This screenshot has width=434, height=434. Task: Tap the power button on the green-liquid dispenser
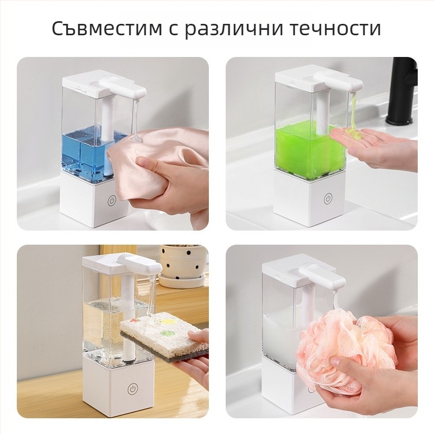pyautogui.click(x=328, y=199)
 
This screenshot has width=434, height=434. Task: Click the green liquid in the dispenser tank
pyautogui.click(x=304, y=149)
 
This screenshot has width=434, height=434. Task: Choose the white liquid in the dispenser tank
pyautogui.click(x=282, y=336)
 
